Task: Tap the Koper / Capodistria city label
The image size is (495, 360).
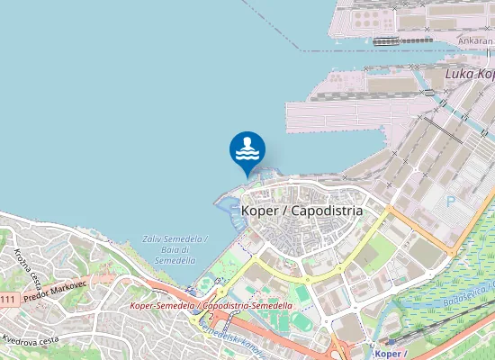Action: (x=302, y=210)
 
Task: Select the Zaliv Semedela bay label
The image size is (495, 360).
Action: (x=175, y=249)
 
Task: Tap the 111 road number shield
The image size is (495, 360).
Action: (x=7, y=299)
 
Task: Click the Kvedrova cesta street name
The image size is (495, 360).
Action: (x=31, y=340)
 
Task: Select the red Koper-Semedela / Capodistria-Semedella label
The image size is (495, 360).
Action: (x=211, y=306)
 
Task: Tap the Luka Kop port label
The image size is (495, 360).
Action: (x=470, y=74)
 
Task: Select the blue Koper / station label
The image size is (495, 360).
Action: (x=390, y=353)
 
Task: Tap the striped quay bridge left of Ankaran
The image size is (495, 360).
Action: (x=387, y=40)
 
